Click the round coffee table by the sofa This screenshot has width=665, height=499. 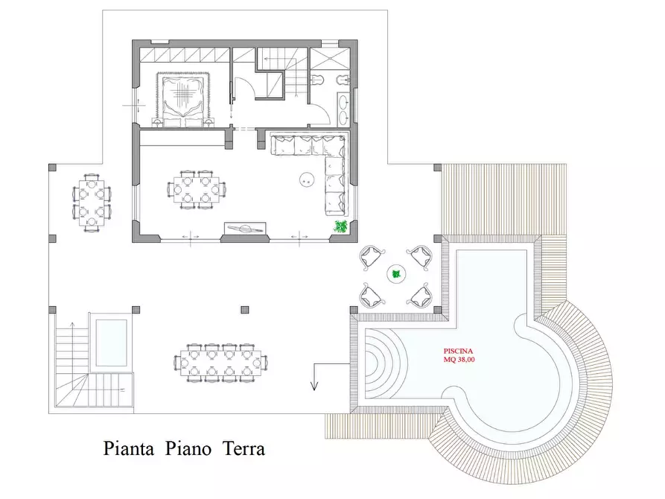click(x=306, y=179)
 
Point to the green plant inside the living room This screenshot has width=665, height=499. click(x=341, y=226)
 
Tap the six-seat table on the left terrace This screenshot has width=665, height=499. click(x=92, y=201)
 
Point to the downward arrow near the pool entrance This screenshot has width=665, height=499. click(x=314, y=378)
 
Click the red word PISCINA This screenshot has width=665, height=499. click(x=458, y=350)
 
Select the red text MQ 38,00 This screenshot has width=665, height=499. click(x=459, y=360)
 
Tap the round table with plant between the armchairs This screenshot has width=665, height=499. click(x=396, y=274)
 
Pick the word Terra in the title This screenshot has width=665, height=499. click(x=244, y=449)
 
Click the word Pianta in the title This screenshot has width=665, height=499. click(x=129, y=449)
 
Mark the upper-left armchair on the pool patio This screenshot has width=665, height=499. click(x=370, y=257)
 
